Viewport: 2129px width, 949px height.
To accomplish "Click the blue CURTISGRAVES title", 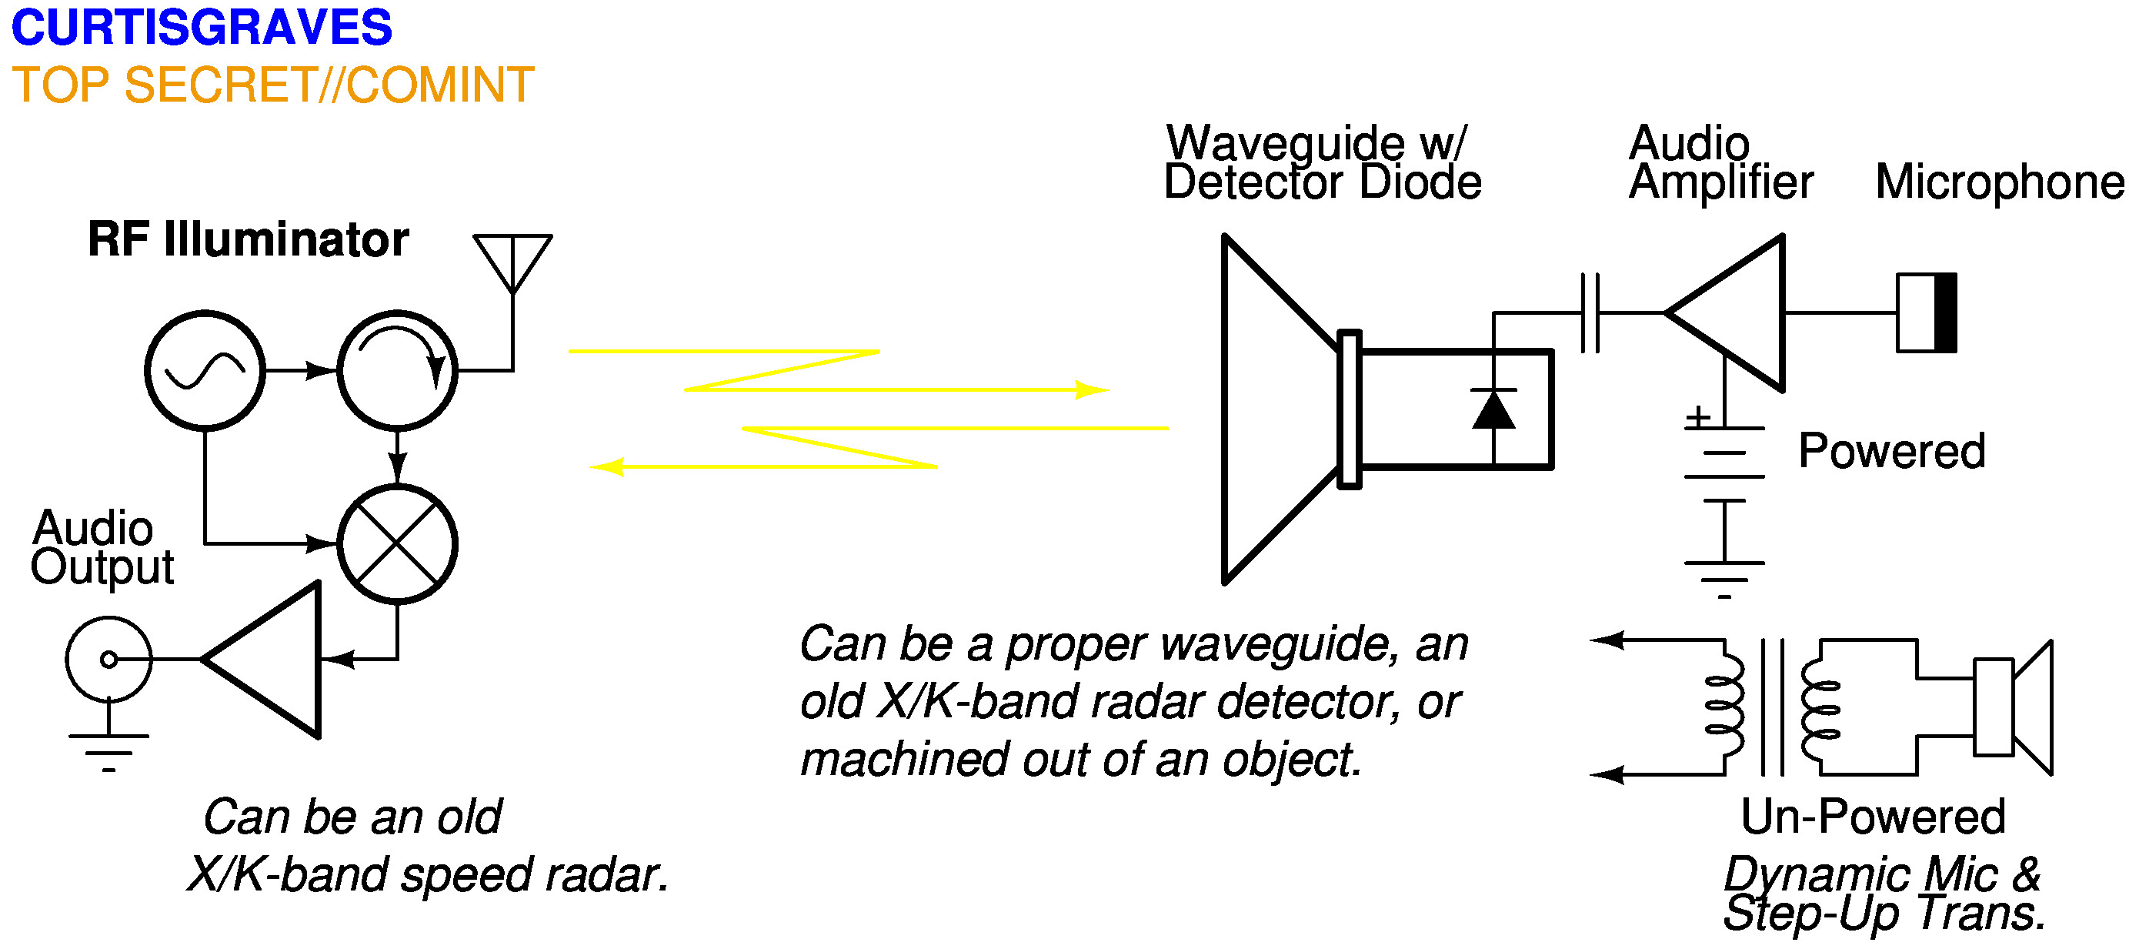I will (x=202, y=27).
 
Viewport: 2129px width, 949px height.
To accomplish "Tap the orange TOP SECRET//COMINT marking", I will (x=272, y=85).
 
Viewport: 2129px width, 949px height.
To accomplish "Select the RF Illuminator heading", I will (x=248, y=239).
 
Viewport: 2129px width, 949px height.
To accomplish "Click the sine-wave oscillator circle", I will (x=205, y=370).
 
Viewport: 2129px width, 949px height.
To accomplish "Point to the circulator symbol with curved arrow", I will (x=398, y=370).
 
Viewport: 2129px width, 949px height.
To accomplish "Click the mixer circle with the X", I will (x=398, y=544).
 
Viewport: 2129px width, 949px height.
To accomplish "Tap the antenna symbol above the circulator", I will (x=512, y=260).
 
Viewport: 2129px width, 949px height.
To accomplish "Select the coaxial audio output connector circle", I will (x=108, y=659).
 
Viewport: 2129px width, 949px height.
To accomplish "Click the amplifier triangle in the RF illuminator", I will (x=272, y=659).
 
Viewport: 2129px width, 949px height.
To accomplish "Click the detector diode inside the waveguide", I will (x=1493, y=409).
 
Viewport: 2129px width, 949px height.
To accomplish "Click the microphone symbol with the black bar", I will (x=1927, y=312).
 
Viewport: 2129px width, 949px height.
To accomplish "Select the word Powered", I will (x=1892, y=451).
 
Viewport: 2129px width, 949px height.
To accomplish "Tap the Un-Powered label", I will (x=1873, y=817).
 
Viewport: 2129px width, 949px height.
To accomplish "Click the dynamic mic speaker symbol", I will (x=2014, y=707).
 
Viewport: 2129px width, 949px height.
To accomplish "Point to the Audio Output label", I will (x=101, y=547).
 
